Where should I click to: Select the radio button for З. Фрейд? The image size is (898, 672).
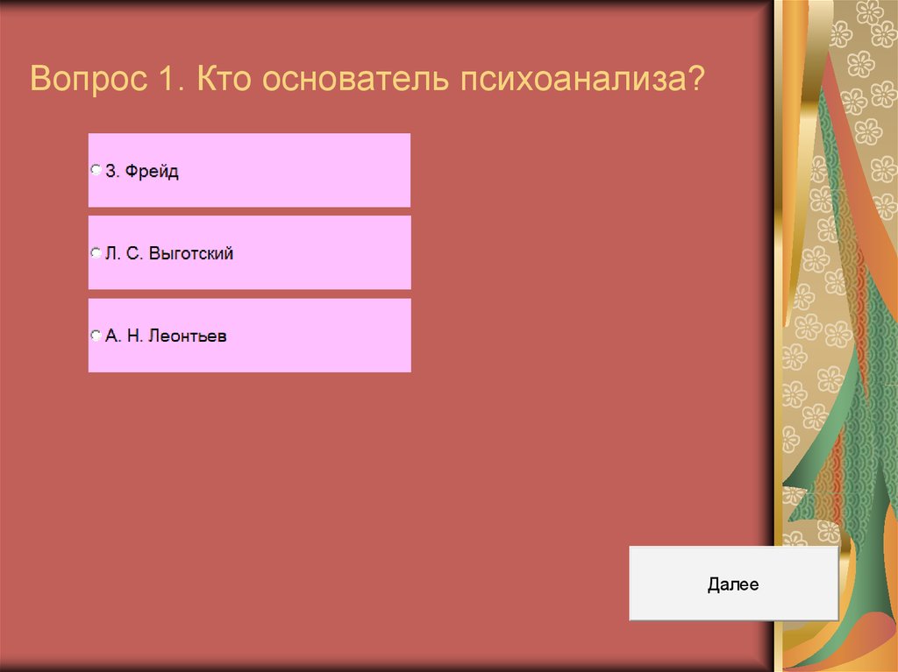tap(96, 171)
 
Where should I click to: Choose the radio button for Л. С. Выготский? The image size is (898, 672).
tap(96, 254)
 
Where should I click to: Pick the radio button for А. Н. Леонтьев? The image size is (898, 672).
tap(96, 336)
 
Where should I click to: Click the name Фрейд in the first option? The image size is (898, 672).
tap(152, 172)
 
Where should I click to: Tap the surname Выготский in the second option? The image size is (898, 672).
tap(191, 255)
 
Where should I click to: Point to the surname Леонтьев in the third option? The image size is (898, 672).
tap(187, 336)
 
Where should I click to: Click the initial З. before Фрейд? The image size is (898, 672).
tap(111, 172)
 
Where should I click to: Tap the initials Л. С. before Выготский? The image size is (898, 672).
tap(125, 255)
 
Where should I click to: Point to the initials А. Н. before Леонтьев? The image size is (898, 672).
tap(123, 336)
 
